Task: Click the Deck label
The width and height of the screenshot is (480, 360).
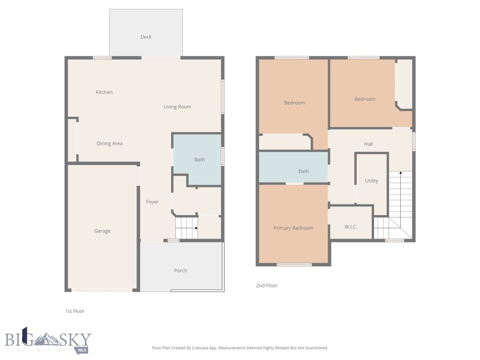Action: point(146,37)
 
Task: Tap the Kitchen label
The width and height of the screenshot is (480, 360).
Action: point(104,92)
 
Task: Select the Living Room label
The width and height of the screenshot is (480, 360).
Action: point(177,107)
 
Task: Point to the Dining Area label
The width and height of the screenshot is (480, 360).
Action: point(109,143)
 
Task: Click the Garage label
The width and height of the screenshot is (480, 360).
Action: point(102,231)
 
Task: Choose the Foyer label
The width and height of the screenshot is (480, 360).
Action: point(152,202)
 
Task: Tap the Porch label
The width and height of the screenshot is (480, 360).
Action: point(180,270)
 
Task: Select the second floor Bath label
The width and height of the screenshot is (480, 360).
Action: point(304,171)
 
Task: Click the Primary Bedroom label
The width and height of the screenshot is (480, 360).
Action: point(293,228)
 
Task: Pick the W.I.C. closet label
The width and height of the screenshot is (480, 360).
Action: point(351,227)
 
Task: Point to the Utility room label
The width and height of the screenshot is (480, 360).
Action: point(372,181)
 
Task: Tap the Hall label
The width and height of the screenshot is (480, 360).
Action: point(368,144)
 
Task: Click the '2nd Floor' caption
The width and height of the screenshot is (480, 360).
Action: point(267,285)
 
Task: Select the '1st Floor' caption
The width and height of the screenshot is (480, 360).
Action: point(75,311)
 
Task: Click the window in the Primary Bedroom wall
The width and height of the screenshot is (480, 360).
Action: point(294,265)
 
